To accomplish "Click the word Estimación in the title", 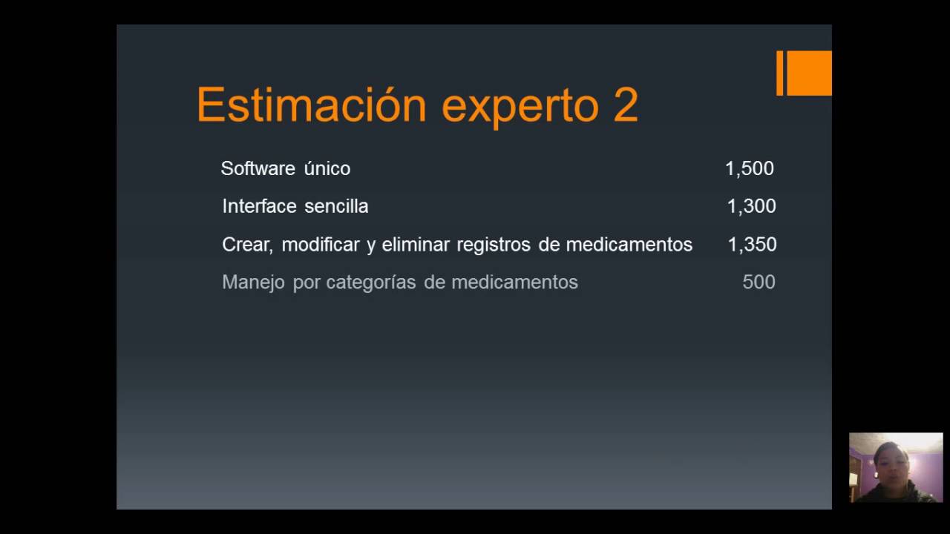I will click(x=311, y=105).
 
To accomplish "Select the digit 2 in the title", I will click(x=626, y=105).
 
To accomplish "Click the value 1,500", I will click(x=749, y=168).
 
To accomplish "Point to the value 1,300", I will click(x=751, y=206).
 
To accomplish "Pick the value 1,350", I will click(x=752, y=244).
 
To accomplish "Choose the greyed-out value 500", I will click(x=759, y=282).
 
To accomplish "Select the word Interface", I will click(x=258, y=206).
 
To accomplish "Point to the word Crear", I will click(x=246, y=245).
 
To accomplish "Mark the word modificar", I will click(x=321, y=244).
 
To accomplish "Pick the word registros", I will click(x=494, y=245).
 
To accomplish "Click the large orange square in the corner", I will click(x=809, y=73).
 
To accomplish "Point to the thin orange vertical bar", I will click(x=779, y=73).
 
